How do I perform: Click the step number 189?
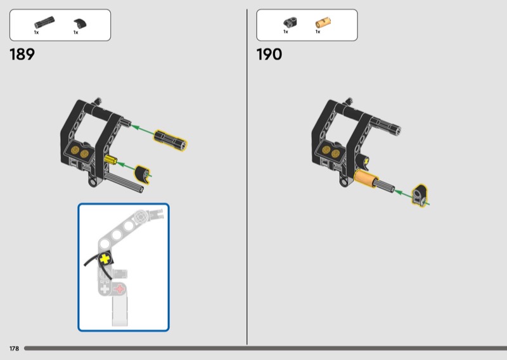tap(22, 55)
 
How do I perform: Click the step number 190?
tap(269, 55)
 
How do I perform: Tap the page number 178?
tap(14, 349)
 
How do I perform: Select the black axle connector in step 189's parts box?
tap(44, 23)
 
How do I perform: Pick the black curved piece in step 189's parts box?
tap(80, 24)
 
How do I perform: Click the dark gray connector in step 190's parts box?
tap(290, 22)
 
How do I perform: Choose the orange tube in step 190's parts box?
tap(323, 23)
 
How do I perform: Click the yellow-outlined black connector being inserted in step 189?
tap(170, 140)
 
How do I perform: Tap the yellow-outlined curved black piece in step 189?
tap(142, 174)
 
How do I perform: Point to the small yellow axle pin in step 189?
tap(110, 160)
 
